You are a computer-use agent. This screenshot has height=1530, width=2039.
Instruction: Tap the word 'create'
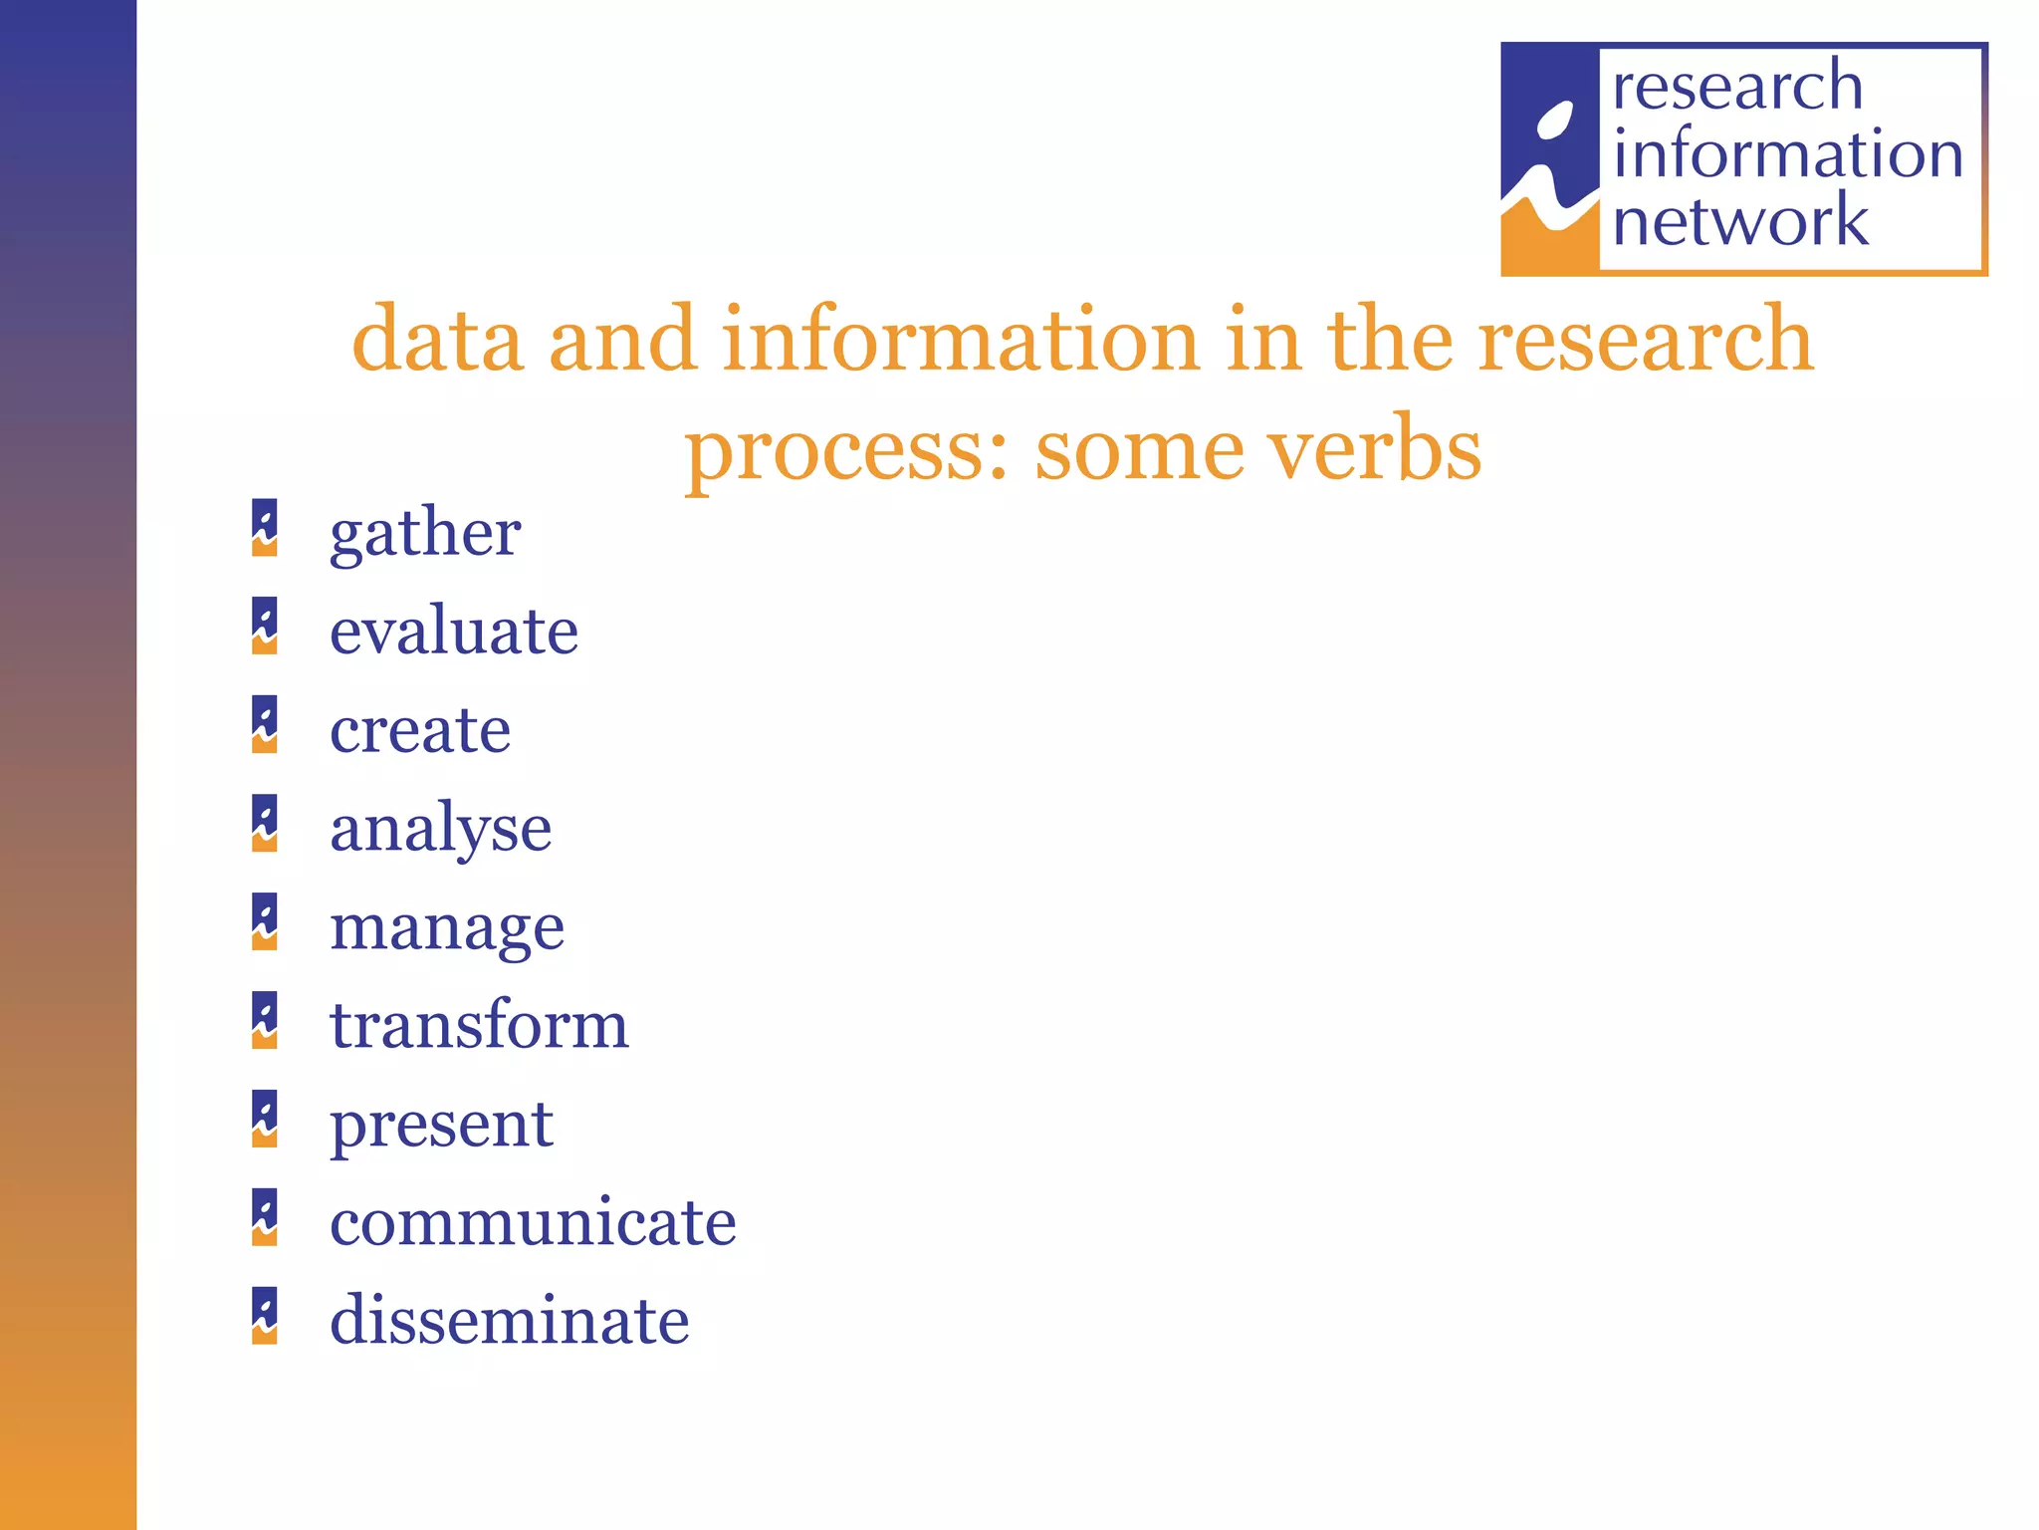point(420,729)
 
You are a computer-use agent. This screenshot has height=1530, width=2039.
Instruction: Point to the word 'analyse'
point(440,828)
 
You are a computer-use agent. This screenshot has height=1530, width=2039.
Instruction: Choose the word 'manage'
point(447,927)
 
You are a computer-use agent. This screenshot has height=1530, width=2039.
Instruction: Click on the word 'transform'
point(479,1025)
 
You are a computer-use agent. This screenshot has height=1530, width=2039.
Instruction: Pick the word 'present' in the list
point(441,1125)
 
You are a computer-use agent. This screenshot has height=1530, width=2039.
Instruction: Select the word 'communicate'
point(533,1222)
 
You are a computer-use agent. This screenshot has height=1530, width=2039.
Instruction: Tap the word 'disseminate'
point(509,1321)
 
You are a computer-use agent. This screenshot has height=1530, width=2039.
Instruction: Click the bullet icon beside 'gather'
point(265,528)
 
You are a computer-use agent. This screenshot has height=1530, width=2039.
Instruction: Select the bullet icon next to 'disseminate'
point(265,1316)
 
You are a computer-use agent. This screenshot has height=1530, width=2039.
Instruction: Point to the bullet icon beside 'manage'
point(265,921)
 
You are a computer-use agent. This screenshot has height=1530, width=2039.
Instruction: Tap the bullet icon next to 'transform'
point(265,1020)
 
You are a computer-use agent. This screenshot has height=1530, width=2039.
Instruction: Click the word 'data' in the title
point(438,340)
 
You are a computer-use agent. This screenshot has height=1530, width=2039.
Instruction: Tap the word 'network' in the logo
point(1740,220)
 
